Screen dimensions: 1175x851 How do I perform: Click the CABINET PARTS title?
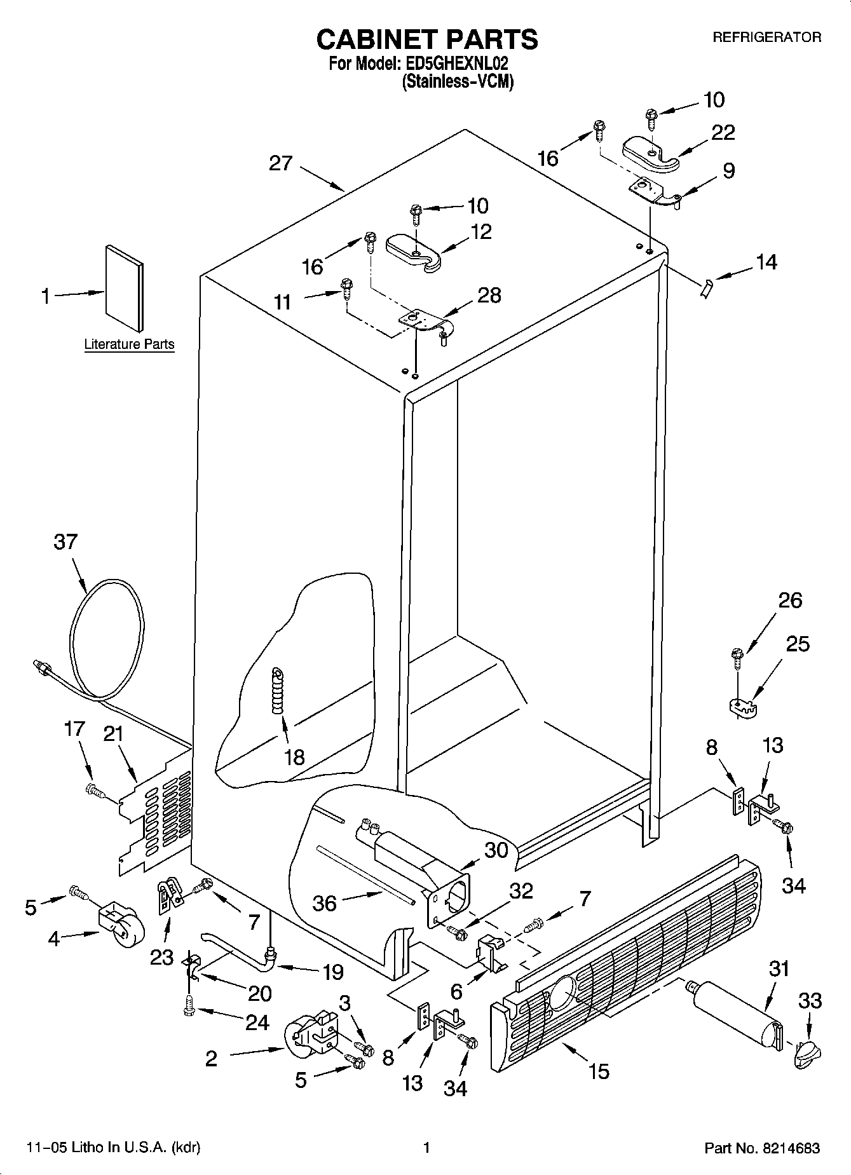427,39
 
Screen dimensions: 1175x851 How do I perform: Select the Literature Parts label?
129,344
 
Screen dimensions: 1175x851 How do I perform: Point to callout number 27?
280,163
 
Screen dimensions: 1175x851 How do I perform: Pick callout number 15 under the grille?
599,1071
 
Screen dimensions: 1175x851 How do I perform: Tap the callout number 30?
496,850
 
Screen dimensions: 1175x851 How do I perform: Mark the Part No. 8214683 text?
761,1148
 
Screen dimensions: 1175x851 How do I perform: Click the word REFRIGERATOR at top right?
766,37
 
